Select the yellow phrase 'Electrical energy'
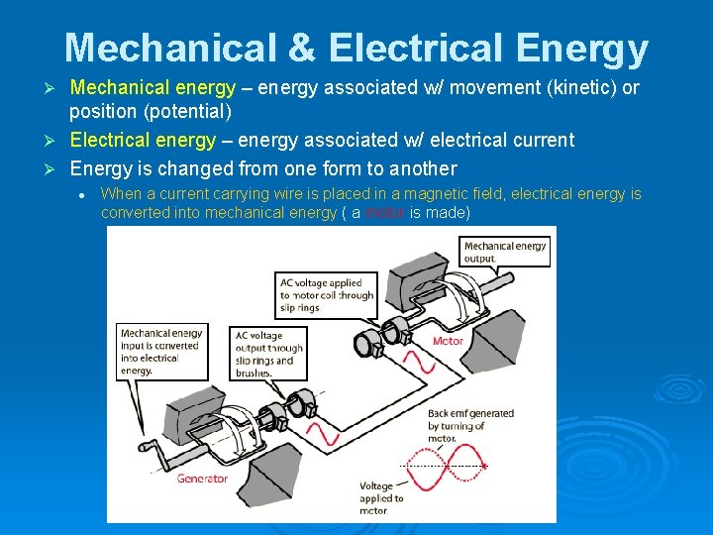point(143,140)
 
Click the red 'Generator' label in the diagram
point(202,479)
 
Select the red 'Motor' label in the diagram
point(448,341)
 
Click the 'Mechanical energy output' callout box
point(505,252)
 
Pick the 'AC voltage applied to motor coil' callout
point(327,295)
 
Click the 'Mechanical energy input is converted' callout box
point(160,352)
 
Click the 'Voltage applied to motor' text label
point(381,498)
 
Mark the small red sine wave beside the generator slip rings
point(325,433)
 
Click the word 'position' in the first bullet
point(105,111)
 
